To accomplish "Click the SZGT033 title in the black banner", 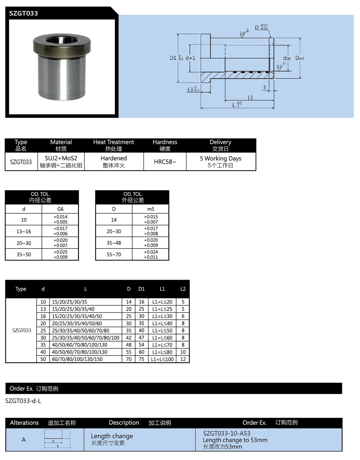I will coord(23,13).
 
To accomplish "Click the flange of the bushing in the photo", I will coord(61,45).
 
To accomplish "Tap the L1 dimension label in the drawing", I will coord(251,97).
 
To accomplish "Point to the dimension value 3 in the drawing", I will coord(265,88).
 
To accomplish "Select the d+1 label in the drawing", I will coord(190,58).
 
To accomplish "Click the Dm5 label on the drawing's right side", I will coord(300,58).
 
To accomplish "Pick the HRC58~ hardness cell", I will coord(165,162).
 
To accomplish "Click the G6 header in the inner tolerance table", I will coord(60,209).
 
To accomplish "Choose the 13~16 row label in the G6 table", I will coord(24,231).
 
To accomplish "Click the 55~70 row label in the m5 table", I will coord(114,255).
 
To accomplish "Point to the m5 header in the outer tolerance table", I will coord(150,209).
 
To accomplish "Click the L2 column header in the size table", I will coord(183,289).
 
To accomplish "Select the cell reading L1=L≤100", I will coord(162,359).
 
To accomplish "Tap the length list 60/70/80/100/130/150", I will coord(77,359).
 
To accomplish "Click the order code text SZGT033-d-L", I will coord(23,401).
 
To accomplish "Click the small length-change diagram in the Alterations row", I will coord(57,439).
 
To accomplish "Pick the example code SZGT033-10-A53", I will coord(226,433).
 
